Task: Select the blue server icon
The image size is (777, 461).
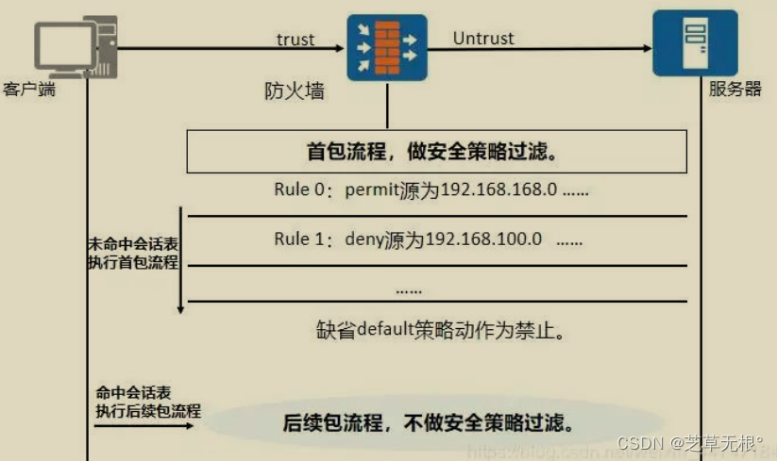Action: (x=695, y=42)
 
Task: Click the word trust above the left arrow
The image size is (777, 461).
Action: (x=296, y=39)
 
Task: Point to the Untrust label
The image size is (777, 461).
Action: (x=483, y=39)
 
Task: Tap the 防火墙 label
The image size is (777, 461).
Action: (x=295, y=92)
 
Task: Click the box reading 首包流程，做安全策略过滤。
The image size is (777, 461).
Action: (x=435, y=151)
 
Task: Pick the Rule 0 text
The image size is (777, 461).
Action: (x=301, y=190)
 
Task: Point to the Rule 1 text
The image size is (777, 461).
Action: (x=301, y=239)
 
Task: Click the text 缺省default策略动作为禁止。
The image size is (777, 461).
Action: (x=441, y=331)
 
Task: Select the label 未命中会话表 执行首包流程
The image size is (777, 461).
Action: (x=131, y=253)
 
